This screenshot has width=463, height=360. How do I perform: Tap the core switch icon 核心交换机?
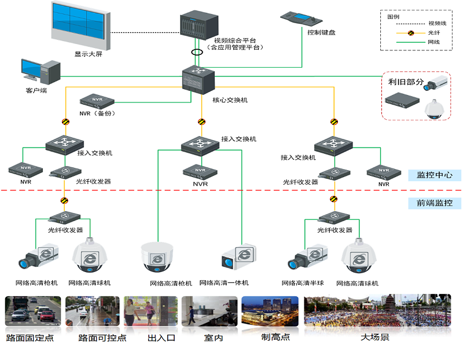[199, 80]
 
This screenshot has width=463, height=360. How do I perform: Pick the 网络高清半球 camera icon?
[306, 259]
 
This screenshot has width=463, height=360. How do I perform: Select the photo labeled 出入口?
[150, 313]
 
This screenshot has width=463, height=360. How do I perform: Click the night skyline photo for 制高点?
[270, 313]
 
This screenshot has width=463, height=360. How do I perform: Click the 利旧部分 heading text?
[406, 82]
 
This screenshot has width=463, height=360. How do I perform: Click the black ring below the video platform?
[198, 52]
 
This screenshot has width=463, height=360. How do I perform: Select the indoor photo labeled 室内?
[210, 313]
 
